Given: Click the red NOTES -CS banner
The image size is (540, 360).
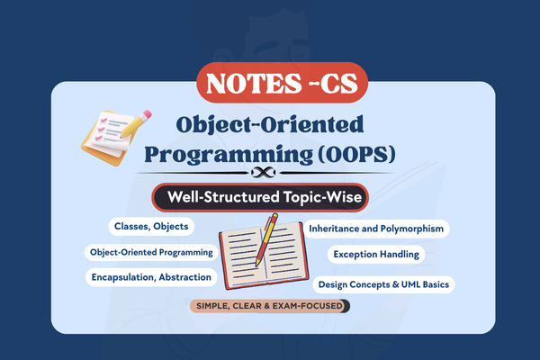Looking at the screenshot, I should point(269,83).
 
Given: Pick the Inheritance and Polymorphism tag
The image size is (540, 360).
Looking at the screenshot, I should point(377,229).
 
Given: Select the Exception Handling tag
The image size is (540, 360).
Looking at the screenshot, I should point(376,255).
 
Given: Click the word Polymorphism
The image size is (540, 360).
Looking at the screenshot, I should point(409,229).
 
